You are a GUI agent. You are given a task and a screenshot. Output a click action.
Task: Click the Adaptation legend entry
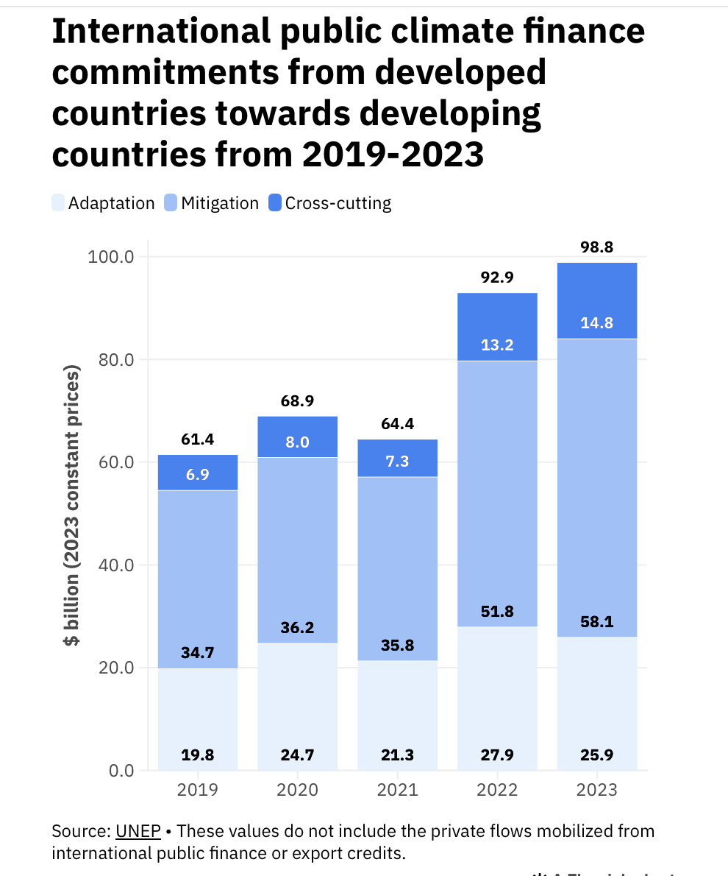click(x=104, y=203)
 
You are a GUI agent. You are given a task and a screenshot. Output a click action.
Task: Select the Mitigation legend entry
click(x=211, y=203)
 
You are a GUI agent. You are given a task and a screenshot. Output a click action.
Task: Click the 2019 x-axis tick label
click(x=197, y=790)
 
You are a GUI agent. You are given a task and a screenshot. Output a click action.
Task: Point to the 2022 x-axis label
click(x=497, y=790)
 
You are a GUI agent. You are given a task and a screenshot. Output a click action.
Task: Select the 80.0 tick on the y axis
click(x=110, y=360)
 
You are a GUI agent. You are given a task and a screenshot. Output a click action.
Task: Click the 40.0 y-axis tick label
click(x=110, y=565)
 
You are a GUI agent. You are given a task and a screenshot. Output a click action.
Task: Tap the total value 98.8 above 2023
click(x=596, y=247)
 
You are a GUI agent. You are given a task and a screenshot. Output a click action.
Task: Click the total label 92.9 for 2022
click(x=497, y=278)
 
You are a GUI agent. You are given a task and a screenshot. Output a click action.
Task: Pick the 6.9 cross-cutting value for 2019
click(x=197, y=475)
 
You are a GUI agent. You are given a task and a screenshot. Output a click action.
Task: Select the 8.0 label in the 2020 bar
click(x=297, y=442)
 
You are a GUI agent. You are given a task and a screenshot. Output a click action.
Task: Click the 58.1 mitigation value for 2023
click(x=596, y=622)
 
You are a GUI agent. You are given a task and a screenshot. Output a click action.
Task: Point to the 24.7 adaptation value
click(x=297, y=755)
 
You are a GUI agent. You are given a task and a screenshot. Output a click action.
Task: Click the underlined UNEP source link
click(x=138, y=831)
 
